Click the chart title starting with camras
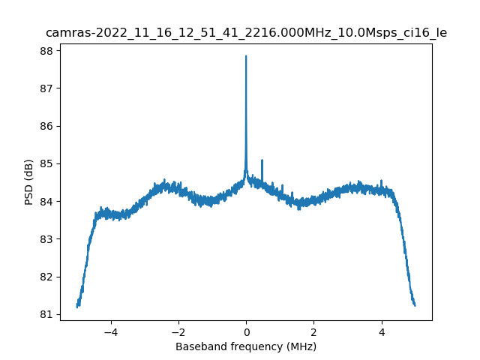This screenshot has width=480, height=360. pyautogui.click(x=246, y=33)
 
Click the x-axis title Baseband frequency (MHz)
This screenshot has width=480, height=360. pyautogui.click(x=246, y=346)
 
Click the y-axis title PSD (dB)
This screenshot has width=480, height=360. pyautogui.click(x=29, y=182)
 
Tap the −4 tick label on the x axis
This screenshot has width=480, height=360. pyautogui.click(x=110, y=331)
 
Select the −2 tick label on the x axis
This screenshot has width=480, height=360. pyautogui.click(x=178, y=331)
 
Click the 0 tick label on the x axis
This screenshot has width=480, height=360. pyautogui.click(x=246, y=331)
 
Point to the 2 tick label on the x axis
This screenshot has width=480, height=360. pyautogui.click(x=313, y=331)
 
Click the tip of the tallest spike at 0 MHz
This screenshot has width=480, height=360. pyautogui.click(x=246, y=56)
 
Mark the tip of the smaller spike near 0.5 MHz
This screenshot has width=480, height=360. pyautogui.click(x=262, y=160)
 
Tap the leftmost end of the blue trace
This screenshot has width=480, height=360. pyautogui.click(x=77, y=306)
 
